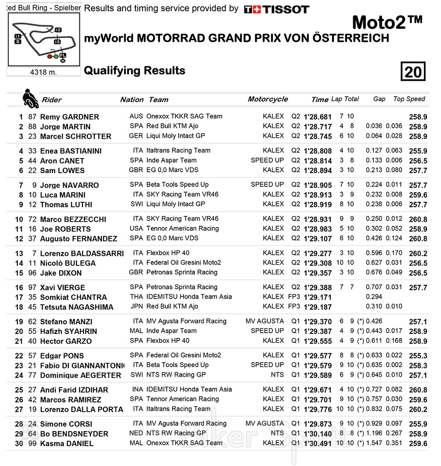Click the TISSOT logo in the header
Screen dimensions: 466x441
(x=277, y=9)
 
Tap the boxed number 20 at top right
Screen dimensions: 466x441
(x=413, y=72)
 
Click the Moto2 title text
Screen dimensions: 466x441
(x=388, y=22)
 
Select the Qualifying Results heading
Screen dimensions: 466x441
(x=135, y=71)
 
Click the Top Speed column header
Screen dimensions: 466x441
(x=409, y=99)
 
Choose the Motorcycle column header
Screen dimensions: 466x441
(x=268, y=99)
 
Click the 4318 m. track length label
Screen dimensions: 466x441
(x=44, y=72)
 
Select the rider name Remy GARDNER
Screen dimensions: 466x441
(x=69, y=117)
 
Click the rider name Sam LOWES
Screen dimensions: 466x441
(x=62, y=170)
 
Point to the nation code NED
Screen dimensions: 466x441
(x=136, y=433)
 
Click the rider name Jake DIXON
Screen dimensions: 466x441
(x=61, y=273)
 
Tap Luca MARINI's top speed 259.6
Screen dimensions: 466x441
(x=418, y=195)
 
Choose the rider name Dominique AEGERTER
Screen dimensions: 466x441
(x=80, y=375)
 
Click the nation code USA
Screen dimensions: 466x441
(x=136, y=229)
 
